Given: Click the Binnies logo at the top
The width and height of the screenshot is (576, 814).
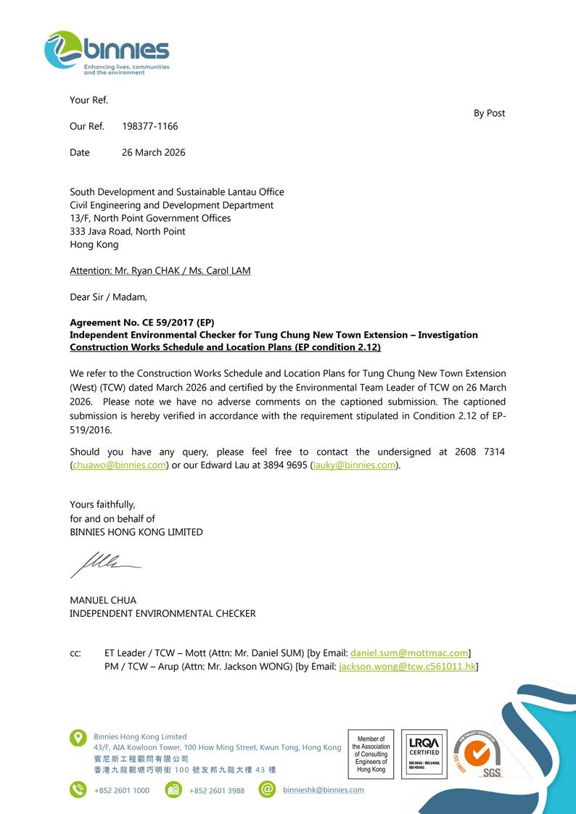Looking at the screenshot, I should click(107, 52).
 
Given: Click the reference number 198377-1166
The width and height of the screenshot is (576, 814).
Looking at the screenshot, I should click(149, 126).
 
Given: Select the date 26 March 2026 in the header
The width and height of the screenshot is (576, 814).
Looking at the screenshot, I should click(153, 152).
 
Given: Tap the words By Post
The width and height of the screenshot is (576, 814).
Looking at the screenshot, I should click(489, 113).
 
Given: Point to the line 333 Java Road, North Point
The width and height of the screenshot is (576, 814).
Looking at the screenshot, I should click(127, 231).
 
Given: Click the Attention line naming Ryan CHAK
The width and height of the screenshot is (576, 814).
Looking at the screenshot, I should click(160, 270).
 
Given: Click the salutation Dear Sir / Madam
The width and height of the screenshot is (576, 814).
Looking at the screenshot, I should click(108, 296).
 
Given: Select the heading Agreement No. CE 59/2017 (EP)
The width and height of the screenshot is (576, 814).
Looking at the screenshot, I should click(141, 322).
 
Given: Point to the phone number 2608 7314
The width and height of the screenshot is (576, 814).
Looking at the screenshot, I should click(480, 452).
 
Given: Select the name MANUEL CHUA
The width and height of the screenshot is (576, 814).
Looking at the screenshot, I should click(103, 600).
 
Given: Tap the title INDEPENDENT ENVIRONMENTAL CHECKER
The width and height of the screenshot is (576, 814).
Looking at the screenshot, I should click(162, 613).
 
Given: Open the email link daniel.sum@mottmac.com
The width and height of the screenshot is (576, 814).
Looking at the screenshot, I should click(409, 653).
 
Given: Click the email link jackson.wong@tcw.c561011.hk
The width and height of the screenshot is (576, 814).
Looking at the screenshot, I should click(407, 666).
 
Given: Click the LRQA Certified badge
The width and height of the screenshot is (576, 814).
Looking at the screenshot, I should click(424, 754).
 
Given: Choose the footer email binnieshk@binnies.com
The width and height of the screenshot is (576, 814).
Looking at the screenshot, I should click(324, 789).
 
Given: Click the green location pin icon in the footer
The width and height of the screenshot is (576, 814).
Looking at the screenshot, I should click(78, 739).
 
